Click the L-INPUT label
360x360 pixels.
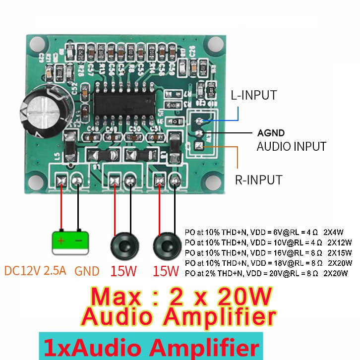pyautogui.click(x=254, y=95)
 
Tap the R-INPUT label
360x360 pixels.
pyautogui.click(x=258, y=180)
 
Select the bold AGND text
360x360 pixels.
pyautogui.click(x=271, y=133)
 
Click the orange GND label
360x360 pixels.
pyautogui.click(x=87, y=271)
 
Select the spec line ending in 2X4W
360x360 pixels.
pyautogui.click(x=267, y=232)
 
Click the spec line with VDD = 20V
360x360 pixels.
pyautogui.click(x=267, y=273)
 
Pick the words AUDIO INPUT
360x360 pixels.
pyautogui.click(x=291, y=146)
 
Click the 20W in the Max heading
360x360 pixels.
pyautogui.click(x=243, y=297)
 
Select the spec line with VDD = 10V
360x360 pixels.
pyautogui.click(x=267, y=242)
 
